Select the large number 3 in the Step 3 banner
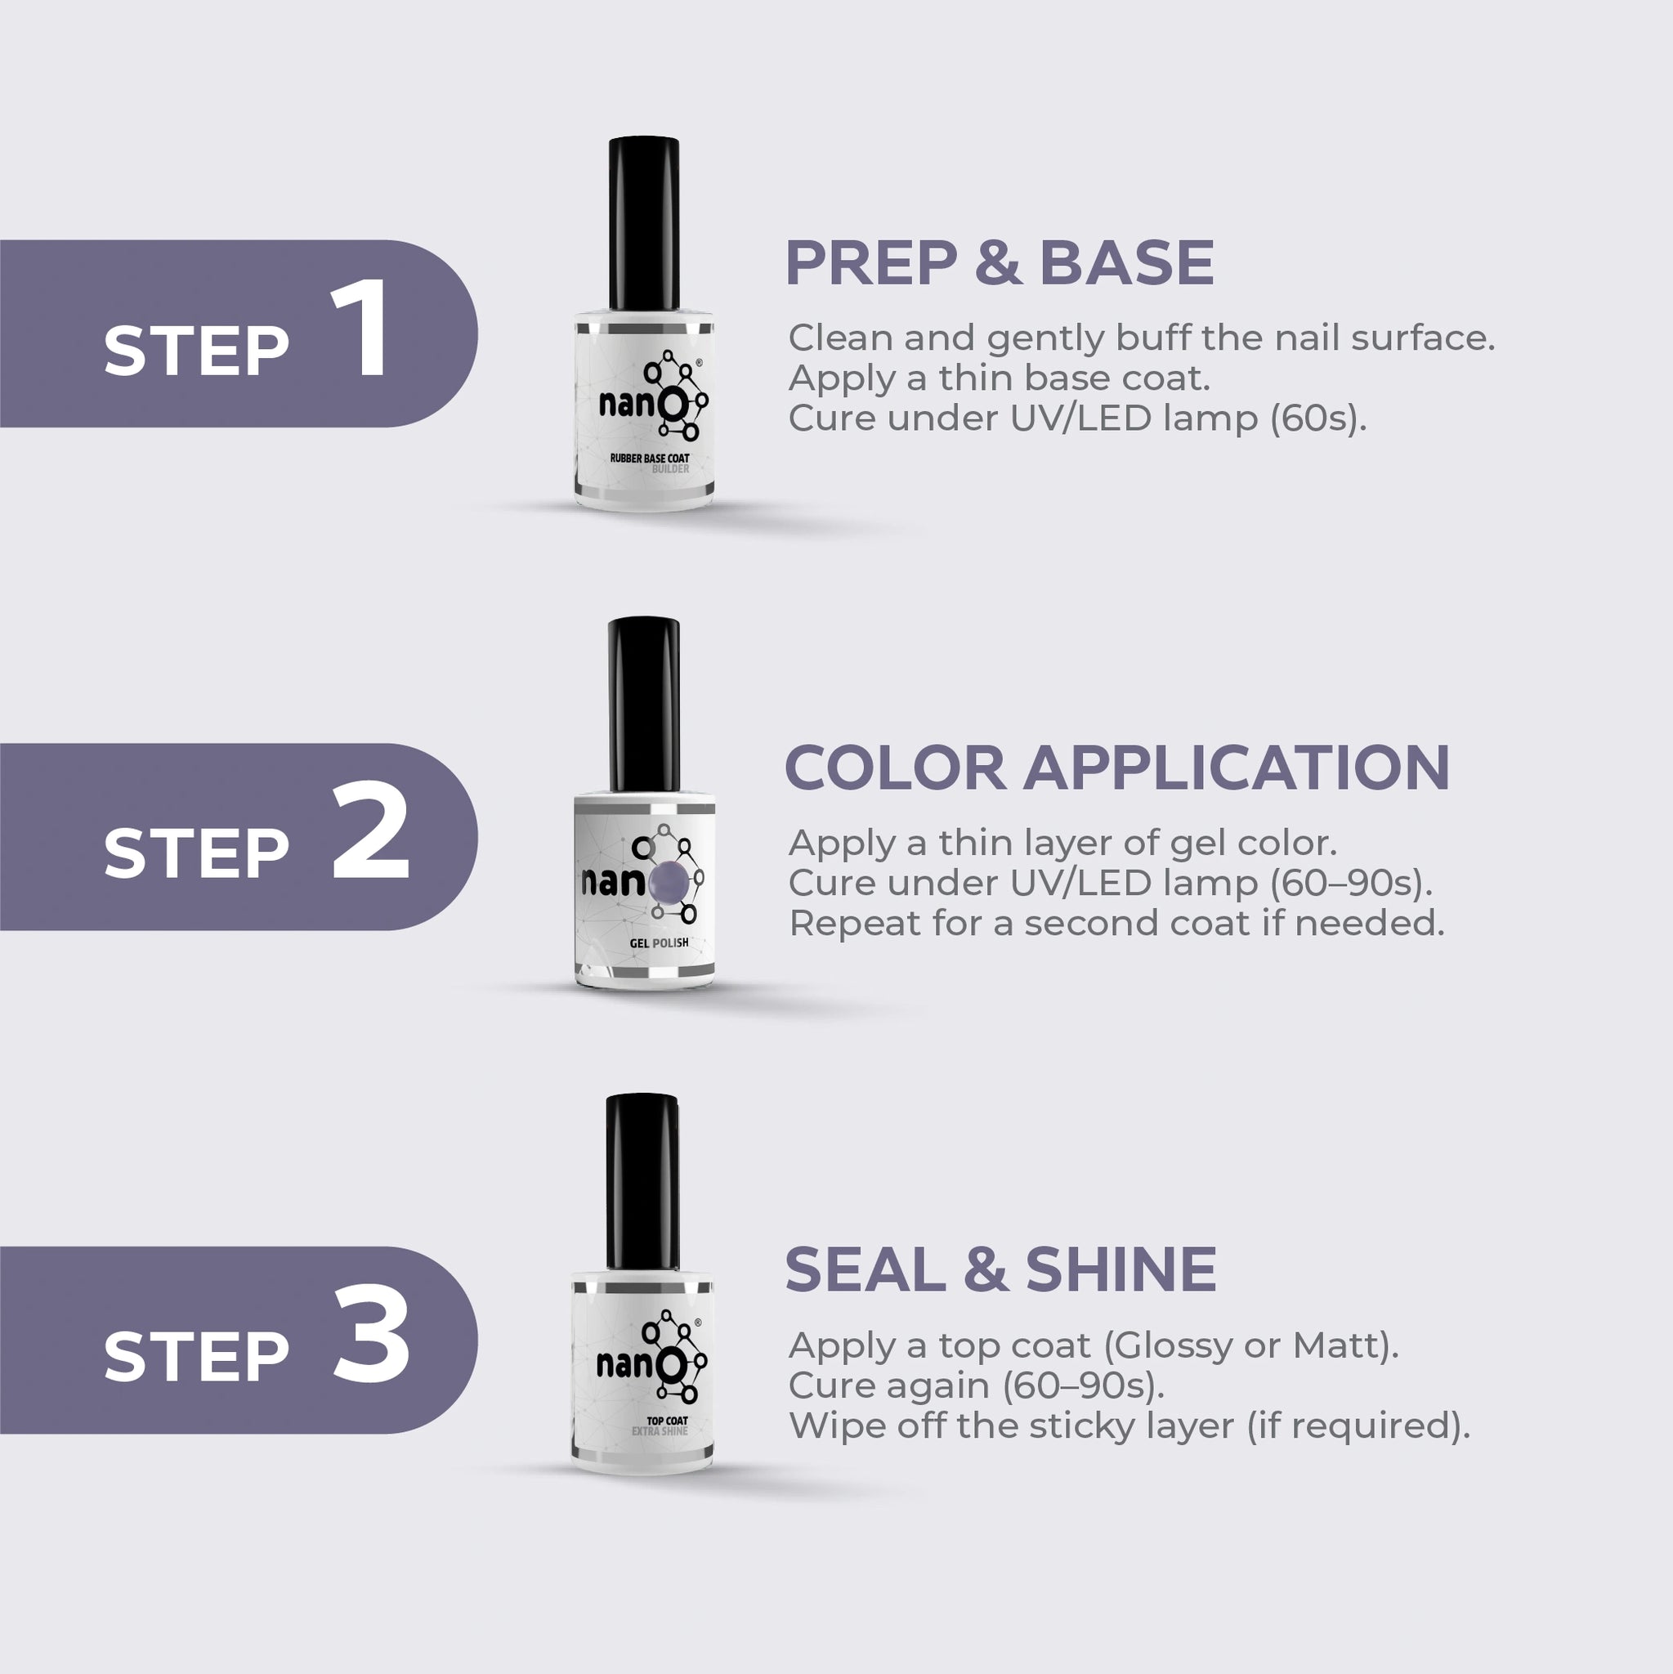(x=372, y=1333)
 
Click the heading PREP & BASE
(x=999, y=262)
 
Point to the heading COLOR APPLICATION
(x=1116, y=768)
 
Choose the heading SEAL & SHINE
(x=1000, y=1269)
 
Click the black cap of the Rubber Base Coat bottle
(x=644, y=223)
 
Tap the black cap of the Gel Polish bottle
(x=644, y=704)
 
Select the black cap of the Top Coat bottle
(x=642, y=1181)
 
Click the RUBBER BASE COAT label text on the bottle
(x=650, y=458)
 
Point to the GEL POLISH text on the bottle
(x=660, y=942)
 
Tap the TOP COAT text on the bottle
(x=667, y=1420)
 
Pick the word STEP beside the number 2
(x=196, y=853)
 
